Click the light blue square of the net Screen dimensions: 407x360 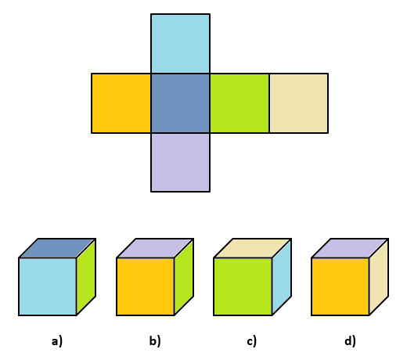point(180,44)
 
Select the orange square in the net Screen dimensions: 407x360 point(121,103)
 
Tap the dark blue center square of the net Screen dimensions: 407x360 point(180,103)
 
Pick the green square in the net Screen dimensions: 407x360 point(240,103)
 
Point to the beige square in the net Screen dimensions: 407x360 point(299,103)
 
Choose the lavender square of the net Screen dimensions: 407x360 point(180,162)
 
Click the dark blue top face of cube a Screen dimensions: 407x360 point(57,248)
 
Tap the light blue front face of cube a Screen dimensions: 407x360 point(48,286)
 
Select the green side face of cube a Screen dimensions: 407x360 point(86,277)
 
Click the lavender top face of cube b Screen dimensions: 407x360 point(155,248)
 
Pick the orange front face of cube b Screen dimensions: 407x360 point(146,286)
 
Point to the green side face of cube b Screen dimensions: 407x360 point(184,277)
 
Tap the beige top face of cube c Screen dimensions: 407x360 point(252,248)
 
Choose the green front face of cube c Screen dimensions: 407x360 point(243,286)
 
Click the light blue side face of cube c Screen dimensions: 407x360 point(282,277)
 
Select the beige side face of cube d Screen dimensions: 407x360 point(379,277)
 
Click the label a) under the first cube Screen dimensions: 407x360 point(57,341)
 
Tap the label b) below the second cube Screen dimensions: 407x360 point(155,341)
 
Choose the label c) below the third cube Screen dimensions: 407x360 point(252,341)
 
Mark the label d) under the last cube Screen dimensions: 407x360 point(350,341)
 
